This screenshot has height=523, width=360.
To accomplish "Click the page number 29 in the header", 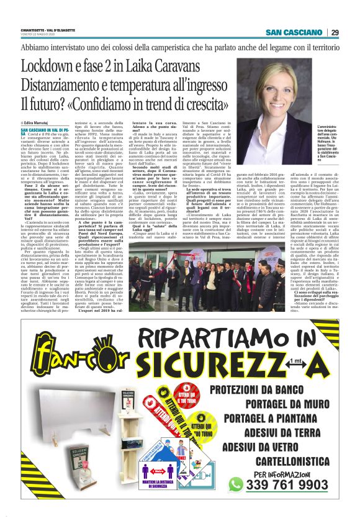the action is point(335,32).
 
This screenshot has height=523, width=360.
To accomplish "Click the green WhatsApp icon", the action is point(235,484).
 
